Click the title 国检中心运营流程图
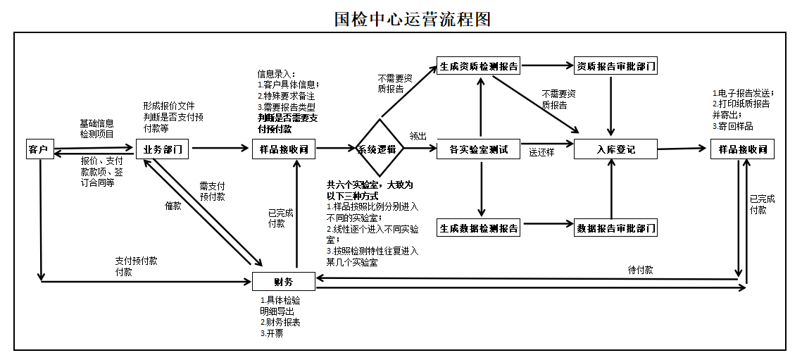click(411, 19)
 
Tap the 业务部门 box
click(163, 149)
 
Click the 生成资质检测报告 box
click(479, 67)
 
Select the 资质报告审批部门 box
click(616, 67)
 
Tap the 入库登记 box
click(616, 149)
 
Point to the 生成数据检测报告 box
click(479, 228)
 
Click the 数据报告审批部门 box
click(616, 228)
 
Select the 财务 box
click(283, 283)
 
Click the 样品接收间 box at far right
click(741, 149)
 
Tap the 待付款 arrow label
click(639, 270)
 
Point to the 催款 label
click(173, 206)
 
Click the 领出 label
click(418, 135)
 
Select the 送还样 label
click(542, 151)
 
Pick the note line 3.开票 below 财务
click(272, 333)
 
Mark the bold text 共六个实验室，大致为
click(370, 185)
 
